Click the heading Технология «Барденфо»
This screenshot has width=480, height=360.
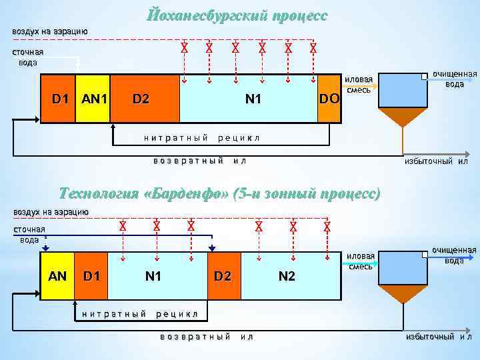pos(219,194)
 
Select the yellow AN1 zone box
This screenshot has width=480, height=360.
pos(93,99)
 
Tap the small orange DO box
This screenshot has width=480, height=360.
pos(329,99)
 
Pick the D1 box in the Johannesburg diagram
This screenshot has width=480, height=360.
pos(59,99)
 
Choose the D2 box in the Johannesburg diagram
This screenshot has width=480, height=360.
pos(145,99)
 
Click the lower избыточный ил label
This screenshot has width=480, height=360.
pos(438,337)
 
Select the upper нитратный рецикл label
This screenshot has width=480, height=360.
pos(201,138)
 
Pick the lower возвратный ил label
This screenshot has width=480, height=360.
pos(206,337)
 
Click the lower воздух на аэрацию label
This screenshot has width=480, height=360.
pos(51,211)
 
